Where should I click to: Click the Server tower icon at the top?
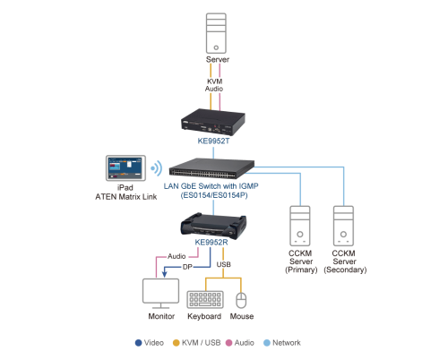(216, 33)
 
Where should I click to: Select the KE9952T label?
(213, 141)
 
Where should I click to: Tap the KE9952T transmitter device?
(213, 122)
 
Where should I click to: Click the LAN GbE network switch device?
(211, 168)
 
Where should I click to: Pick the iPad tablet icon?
(125, 168)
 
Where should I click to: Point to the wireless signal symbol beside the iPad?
(157, 168)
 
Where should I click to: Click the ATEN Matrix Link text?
(126, 197)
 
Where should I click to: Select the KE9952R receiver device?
(213, 226)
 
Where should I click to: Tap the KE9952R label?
(211, 242)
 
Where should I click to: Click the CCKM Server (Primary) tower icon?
(300, 226)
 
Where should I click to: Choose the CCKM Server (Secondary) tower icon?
(343, 226)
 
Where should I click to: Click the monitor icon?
(160, 294)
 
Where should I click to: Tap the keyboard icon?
(205, 299)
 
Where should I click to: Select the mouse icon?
(241, 300)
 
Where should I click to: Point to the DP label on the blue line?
(187, 267)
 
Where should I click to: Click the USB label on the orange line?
(224, 264)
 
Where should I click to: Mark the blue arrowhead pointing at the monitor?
(164, 274)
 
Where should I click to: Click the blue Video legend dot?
(138, 343)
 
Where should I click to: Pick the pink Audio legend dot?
(228, 343)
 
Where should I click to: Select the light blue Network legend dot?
(267, 343)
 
